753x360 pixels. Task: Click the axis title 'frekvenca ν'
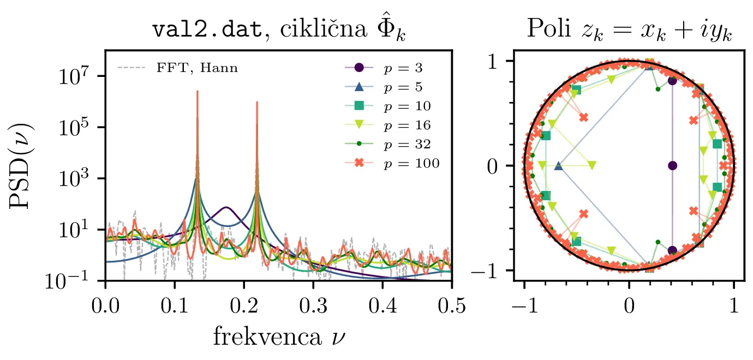(279, 337)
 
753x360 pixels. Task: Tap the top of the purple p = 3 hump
(226, 207)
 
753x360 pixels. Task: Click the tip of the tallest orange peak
(197, 91)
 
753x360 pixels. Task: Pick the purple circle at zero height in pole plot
(672, 165)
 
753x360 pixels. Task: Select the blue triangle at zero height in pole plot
(558, 165)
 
